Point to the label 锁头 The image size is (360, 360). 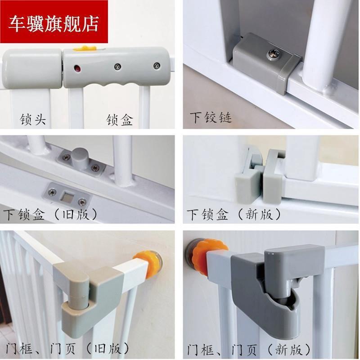(x=33, y=120)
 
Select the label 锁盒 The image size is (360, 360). (x=119, y=120)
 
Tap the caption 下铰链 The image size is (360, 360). (x=211, y=118)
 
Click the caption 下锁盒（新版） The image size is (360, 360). (x=234, y=214)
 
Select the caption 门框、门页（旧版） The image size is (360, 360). (x=67, y=348)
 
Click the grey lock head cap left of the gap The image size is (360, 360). (x=31, y=68)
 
